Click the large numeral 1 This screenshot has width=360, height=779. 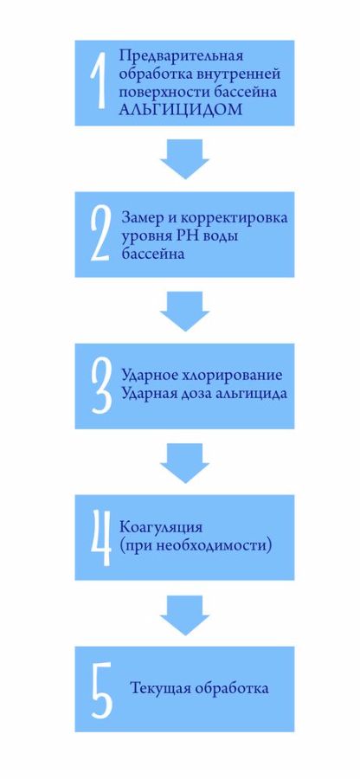pyautogui.click(x=100, y=82)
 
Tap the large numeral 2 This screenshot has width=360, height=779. pyautogui.click(x=99, y=234)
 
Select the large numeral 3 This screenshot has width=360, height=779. pyautogui.click(x=100, y=386)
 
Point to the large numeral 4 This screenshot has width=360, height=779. pyautogui.click(x=100, y=538)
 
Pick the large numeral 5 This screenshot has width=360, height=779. pyautogui.click(x=101, y=689)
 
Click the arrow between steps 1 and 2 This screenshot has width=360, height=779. pyautogui.click(x=184, y=159)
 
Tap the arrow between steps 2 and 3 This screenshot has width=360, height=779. pyautogui.click(x=184, y=311)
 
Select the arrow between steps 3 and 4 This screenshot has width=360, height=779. pyautogui.click(x=184, y=463)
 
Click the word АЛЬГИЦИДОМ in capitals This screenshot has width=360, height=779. pyautogui.click(x=181, y=110)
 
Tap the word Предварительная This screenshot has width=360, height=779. pyautogui.click(x=181, y=55)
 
